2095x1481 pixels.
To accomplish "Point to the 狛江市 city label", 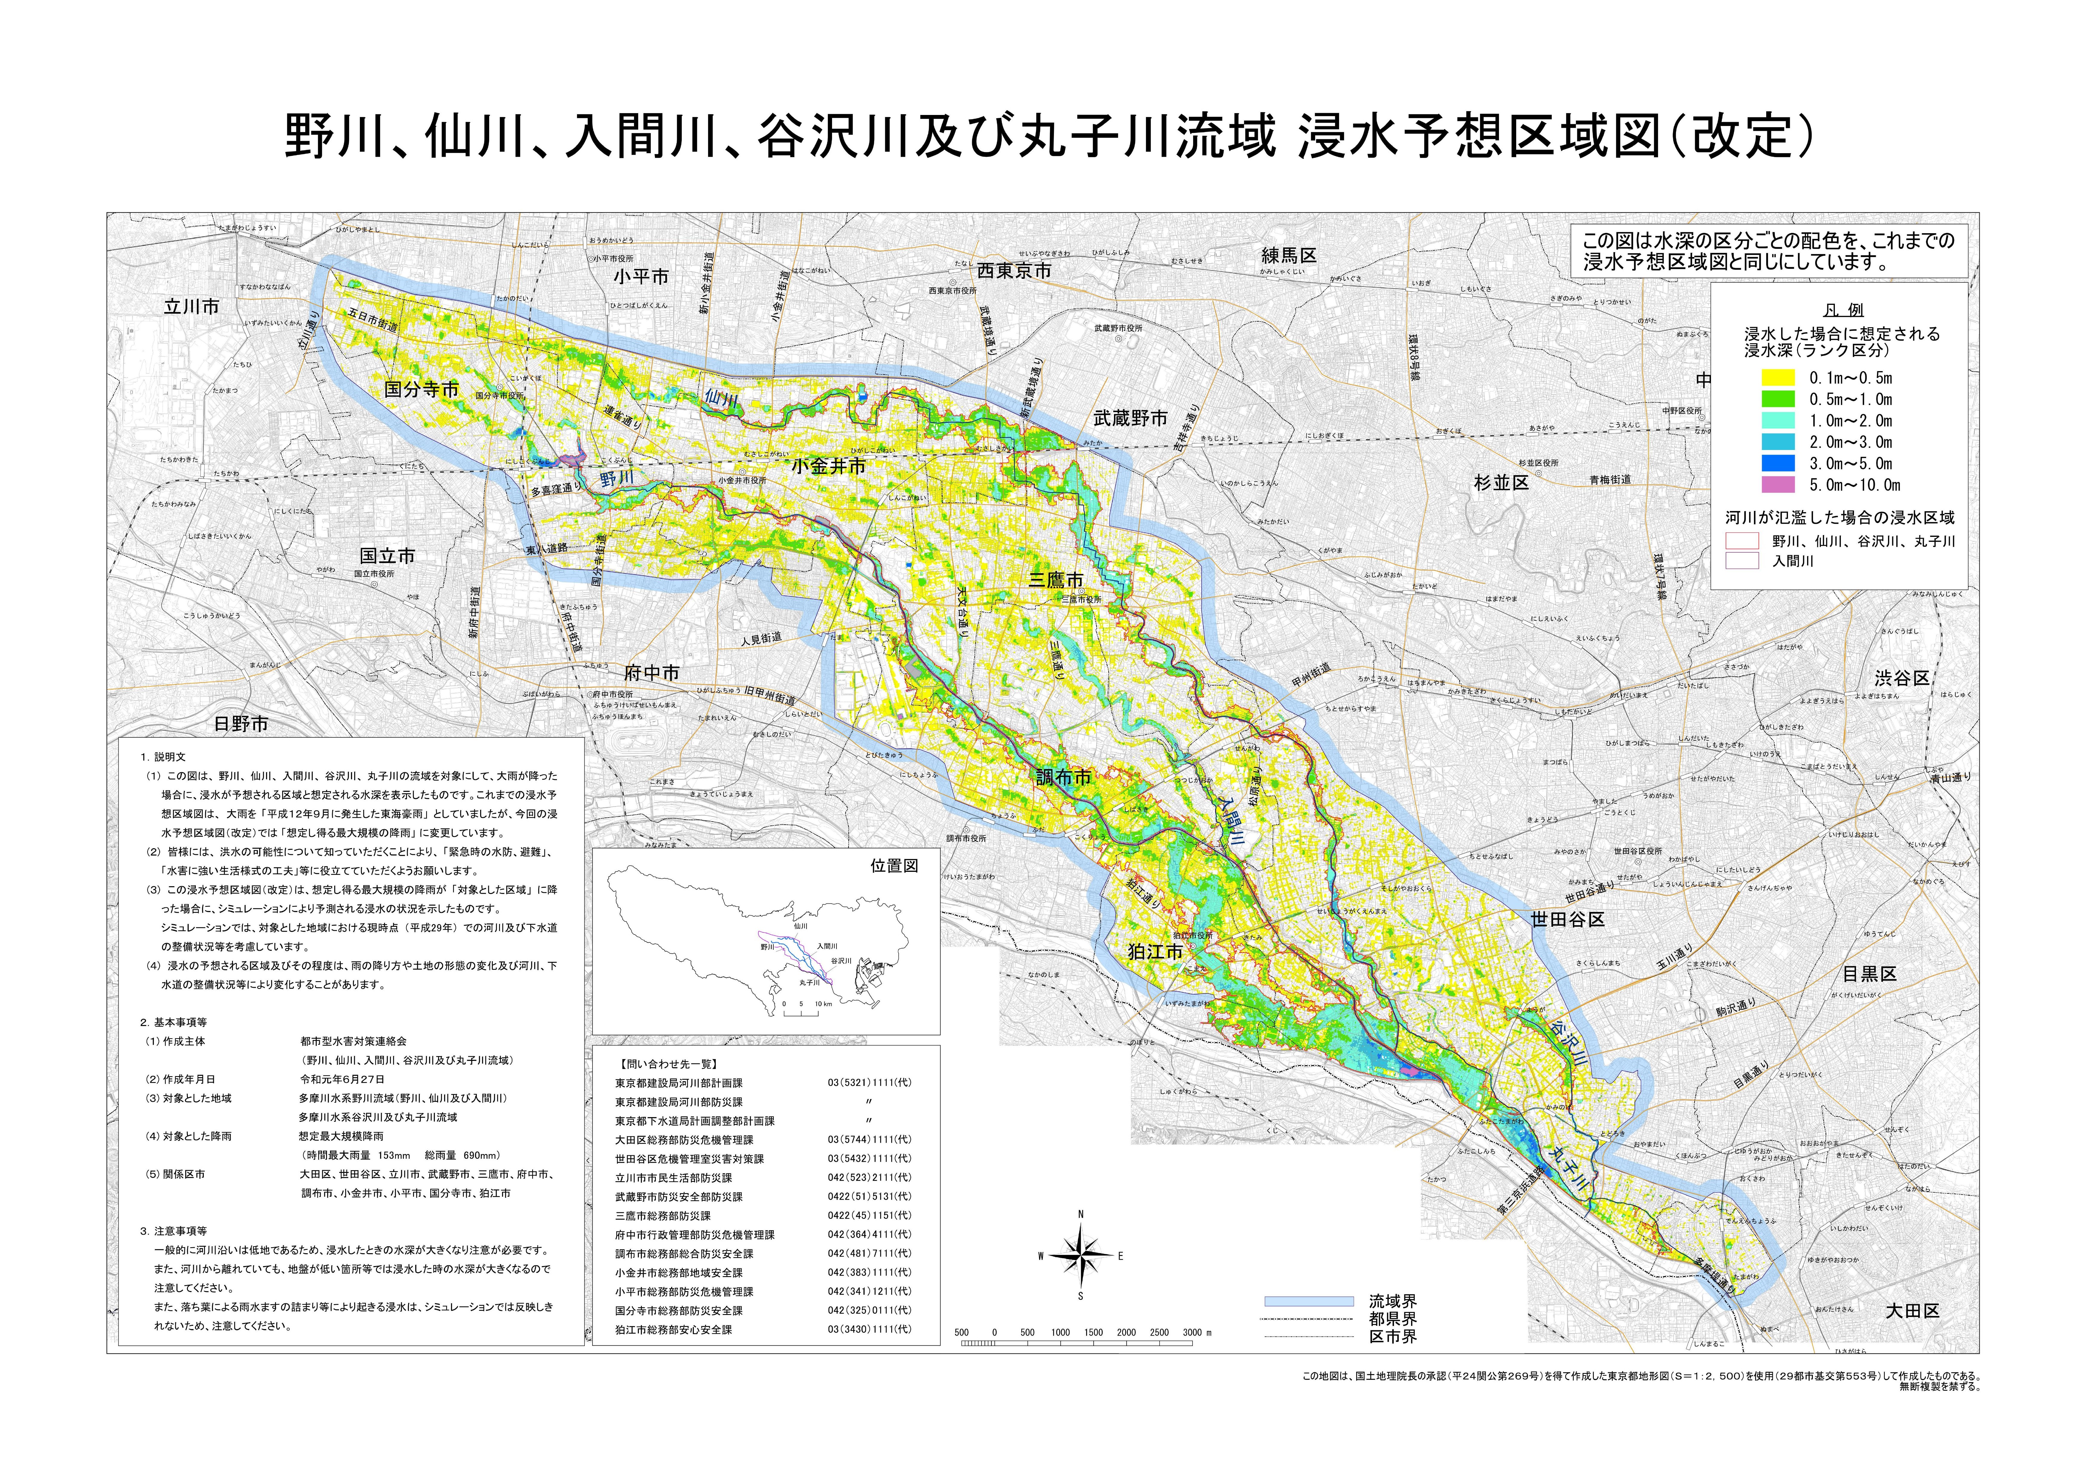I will [1155, 952].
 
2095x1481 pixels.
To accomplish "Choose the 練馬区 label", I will [1289, 256].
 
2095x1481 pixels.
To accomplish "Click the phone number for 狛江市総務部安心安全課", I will [869, 1330].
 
